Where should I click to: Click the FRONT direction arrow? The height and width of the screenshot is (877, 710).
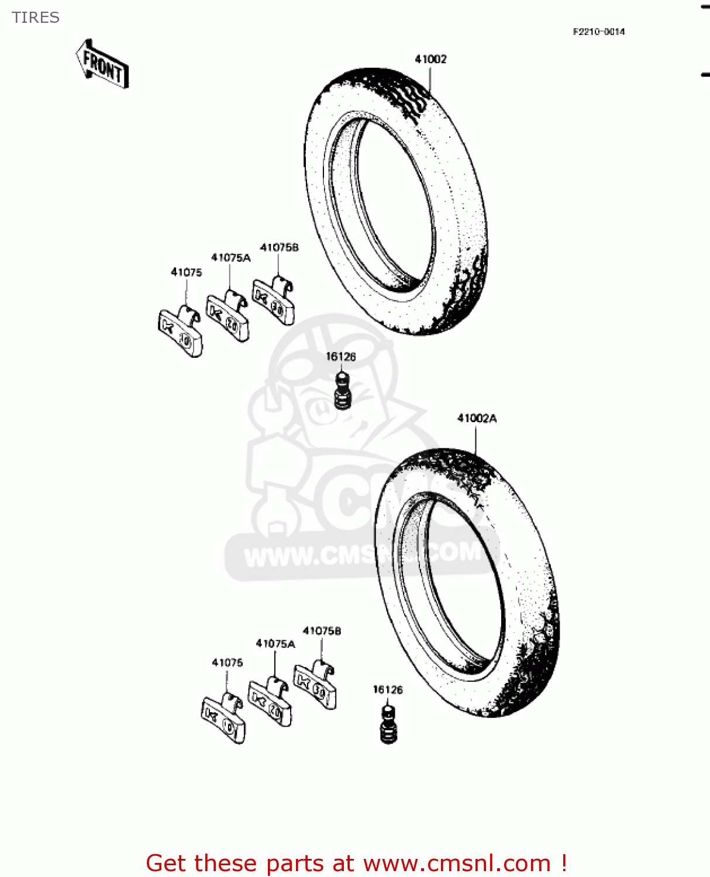pos(102,64)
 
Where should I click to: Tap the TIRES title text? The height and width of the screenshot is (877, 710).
pos(36,18)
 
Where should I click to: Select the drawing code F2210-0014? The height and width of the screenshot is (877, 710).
pos(598,32)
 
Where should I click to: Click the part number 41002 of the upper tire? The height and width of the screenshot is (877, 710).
pos(430,59)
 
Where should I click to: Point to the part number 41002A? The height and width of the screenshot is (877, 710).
pos(477,418)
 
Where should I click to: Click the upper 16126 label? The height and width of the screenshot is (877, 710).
pos(340,357)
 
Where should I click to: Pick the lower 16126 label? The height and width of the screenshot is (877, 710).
pos(388,690)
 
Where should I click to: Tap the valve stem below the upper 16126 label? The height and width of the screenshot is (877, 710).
pos(342,391)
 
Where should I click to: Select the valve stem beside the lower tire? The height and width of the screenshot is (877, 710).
pos(388,725)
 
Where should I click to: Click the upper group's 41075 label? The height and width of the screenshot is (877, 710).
pos(186,272)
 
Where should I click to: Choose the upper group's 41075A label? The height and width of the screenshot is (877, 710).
pos(230,258)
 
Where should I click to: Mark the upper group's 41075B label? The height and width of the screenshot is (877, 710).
pos(279,248)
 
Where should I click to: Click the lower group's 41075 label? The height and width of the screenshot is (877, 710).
pos(227,662)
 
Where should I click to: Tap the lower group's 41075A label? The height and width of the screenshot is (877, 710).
pos(275,644)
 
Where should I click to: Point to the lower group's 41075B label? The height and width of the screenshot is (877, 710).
pos(322,631)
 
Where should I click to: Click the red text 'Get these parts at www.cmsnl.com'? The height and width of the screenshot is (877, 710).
pos(356,863)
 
